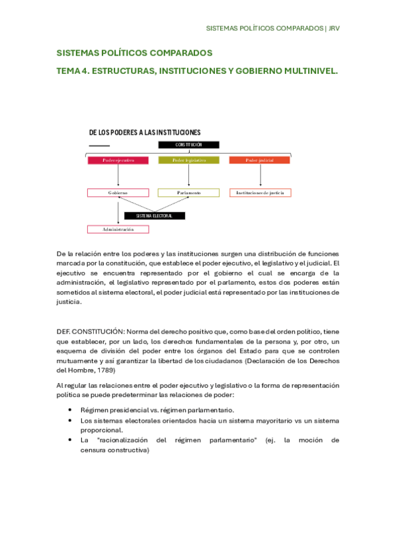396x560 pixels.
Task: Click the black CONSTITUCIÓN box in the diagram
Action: (x=188, y=145)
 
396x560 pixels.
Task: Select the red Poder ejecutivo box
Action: (x=118, y=160)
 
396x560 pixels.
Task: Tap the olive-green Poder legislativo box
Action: (x=188, y=160)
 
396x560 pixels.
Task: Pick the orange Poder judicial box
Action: (x=259, y=160)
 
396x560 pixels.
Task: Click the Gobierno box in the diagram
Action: (x=118, y=193)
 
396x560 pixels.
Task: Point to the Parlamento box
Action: (x=188, y=193)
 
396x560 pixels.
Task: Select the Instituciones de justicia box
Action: (x=260, y=193)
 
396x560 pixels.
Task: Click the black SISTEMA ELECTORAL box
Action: (x=154, y=216)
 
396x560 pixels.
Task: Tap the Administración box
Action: (x=118, y=229)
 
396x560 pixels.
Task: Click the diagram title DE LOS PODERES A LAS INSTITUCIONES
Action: (x=144, y=133)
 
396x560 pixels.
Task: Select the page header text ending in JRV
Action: (x=273, y=29)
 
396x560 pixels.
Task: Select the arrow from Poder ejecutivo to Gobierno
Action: (x=118, y=176)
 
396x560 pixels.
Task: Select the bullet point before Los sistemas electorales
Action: (x=70, y=421)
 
